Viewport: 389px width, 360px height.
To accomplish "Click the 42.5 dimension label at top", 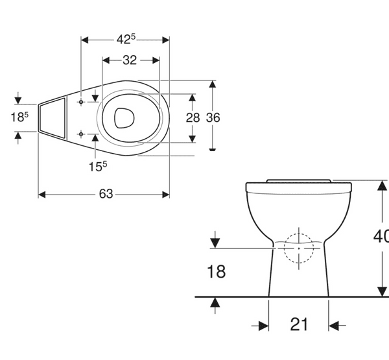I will pyautogui.click(x=125, y=39).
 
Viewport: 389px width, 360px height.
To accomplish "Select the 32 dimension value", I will pyautogui.click(x=130, y=60).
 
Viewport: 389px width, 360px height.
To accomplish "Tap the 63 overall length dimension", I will pyautogui.click(x=106, y=194).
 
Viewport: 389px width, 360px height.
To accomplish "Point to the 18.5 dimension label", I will pyautogui.click(x=19, y=117).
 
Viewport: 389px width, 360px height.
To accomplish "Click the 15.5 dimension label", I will pyautogui.click(x=98, y=166).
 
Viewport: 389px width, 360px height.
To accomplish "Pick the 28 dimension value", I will pyautogui.click(x=193, y=117).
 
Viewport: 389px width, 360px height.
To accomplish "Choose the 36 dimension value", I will pyautogui.click(x=213, y=117).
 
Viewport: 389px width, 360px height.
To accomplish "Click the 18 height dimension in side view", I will pyautogui.click(x=216, y=271).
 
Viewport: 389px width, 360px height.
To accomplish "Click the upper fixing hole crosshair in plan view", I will pyautogui.click(x=80, y=102).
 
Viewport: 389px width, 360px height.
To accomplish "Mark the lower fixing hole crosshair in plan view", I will pyautogui.click(x=80, y=134).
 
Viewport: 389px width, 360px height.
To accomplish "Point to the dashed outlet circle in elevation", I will pyautogui.click(x=298, y=248).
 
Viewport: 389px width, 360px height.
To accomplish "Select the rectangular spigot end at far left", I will pyautogui.click(x=53, y=117).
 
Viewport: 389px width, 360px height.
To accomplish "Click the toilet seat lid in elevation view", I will pyautogui.click(x=299, y=180).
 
